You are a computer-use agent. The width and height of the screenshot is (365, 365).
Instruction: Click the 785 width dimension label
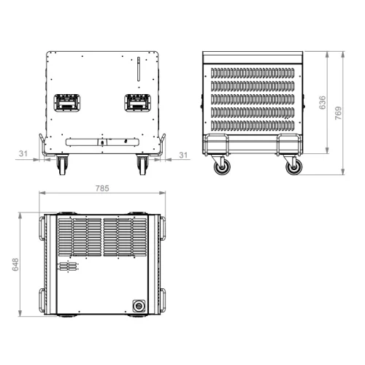click(102, 188)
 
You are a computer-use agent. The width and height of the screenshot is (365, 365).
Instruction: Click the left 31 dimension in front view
click(23, 154)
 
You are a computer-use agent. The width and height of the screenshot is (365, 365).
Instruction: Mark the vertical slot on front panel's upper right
click(136, 72)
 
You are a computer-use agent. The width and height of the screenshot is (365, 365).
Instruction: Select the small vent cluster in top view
click(66, 268)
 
